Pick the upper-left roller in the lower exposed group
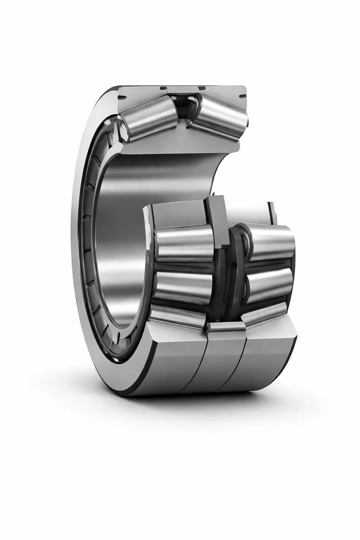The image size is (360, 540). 183,243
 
